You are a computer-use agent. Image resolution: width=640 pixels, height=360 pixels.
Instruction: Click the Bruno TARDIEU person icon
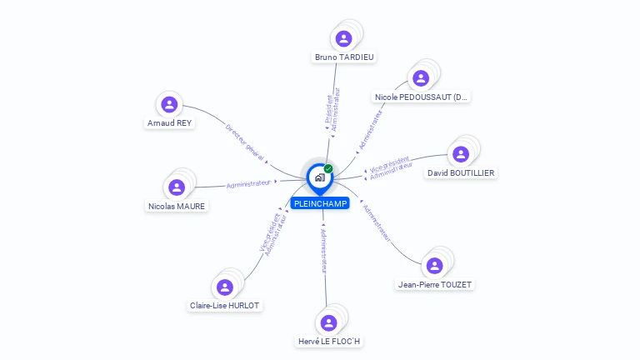click(x=343, y=38)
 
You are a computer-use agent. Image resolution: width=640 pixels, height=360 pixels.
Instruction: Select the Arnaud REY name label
click(x=169, y=122)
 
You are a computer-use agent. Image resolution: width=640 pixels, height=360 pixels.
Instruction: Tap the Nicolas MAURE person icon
click(x=176, y=187)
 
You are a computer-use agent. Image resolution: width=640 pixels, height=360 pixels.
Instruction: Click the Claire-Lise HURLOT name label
click(x=226, y=305)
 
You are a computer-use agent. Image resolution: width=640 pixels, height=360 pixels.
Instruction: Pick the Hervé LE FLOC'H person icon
click(x=328, y=322)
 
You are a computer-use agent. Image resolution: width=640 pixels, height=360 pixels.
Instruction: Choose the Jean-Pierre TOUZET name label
click(x=435, y=284)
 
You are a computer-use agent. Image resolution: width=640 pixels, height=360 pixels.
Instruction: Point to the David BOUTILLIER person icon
click(x=460, y=154)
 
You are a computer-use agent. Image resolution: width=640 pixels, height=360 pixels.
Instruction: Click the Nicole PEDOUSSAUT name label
click(x=421, y=97)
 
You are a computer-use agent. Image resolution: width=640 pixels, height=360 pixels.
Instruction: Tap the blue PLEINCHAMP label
click(x=320, y=203)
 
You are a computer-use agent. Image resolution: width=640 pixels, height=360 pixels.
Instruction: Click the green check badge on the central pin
click(x=328, y=169)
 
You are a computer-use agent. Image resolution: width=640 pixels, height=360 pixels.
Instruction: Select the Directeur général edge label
click(x=245, y=142)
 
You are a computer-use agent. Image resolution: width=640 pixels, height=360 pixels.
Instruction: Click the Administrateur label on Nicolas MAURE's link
click(x=248, y=183)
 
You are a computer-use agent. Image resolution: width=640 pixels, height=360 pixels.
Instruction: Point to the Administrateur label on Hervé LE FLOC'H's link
click(x=324, y=249)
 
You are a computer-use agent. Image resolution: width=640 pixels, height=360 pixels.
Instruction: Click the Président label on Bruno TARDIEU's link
click(x=328, y=110)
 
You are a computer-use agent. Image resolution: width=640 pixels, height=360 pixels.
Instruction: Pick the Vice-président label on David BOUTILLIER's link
click(x=389, y=162)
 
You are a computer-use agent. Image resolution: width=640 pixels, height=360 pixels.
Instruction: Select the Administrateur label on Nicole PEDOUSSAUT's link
click(x=370, y=130)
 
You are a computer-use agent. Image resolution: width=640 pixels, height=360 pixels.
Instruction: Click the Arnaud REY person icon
click(x=169, y=104)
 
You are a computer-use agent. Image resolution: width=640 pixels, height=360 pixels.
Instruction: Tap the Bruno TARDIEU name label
click(x=344, y=57)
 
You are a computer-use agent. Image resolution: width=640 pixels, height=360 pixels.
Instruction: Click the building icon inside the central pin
click(x=319, y=177)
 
